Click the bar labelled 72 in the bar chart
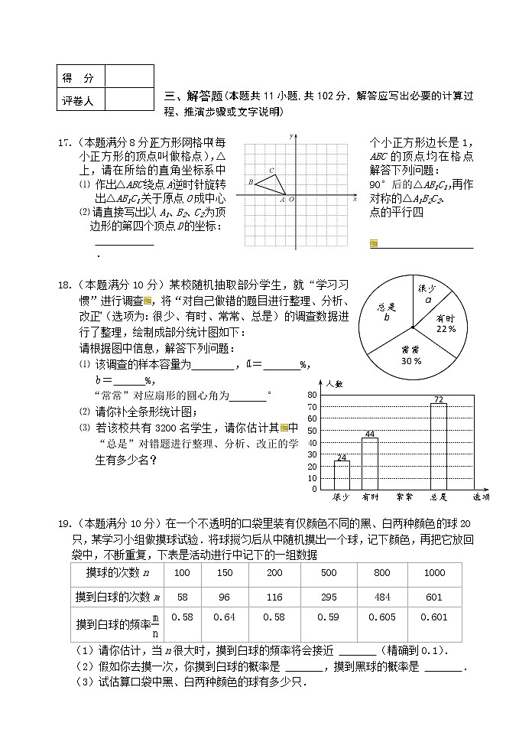pyautogui.click(x=438, y=446)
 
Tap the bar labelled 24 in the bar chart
pyautogui.click(x=342, y=475)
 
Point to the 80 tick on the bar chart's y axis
pyautogui.click(x=312, y=395)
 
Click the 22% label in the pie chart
pyautogui.click(x=446, y=329)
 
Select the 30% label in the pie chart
pyautogui.click(x=411, y=360)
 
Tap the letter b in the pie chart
pyautogui.click(x=387, y=317)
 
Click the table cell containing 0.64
pyautogui.click(x=225, y=617)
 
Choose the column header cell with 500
pyautogui.click(x=329, y=573)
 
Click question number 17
pyautogui.click(x=65, y=142)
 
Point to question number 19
pyautogui.click(x=65, y=523)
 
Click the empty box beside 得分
pyautogui.click(x=128, y=77)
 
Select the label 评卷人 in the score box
pyautogui.click(x=78, y=100)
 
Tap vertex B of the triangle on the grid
pyautogui.click(x=251, y=182)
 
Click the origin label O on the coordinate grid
pyautogui.click(x=291, y=200)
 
